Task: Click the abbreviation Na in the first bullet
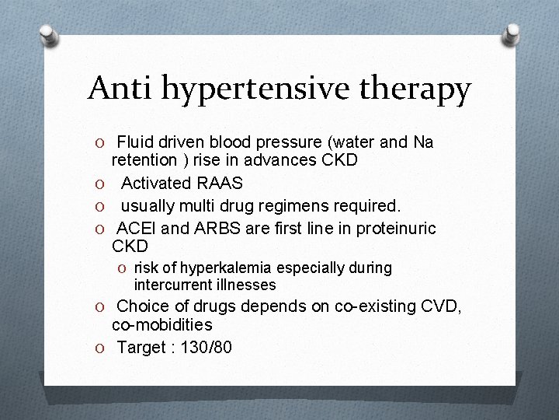click(423, 142)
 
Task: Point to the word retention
click(143, 161)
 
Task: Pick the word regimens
click(311, 206)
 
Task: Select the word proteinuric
click(394, 228)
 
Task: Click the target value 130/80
click(205, 347)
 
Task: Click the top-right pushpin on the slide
click(512, 34)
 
